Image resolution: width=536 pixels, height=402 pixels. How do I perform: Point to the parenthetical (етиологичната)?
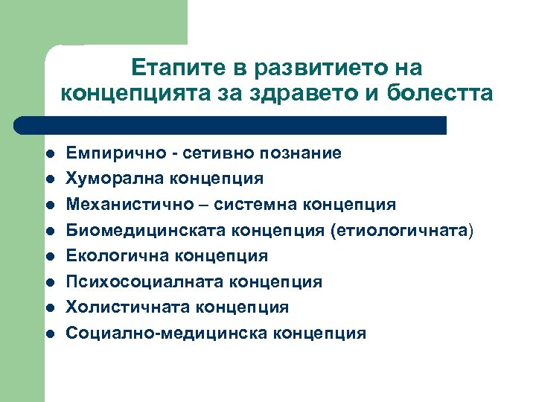point(398,230)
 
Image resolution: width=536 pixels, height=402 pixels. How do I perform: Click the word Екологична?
point(110,256)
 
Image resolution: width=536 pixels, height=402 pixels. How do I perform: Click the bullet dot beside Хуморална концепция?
point(50,179)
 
